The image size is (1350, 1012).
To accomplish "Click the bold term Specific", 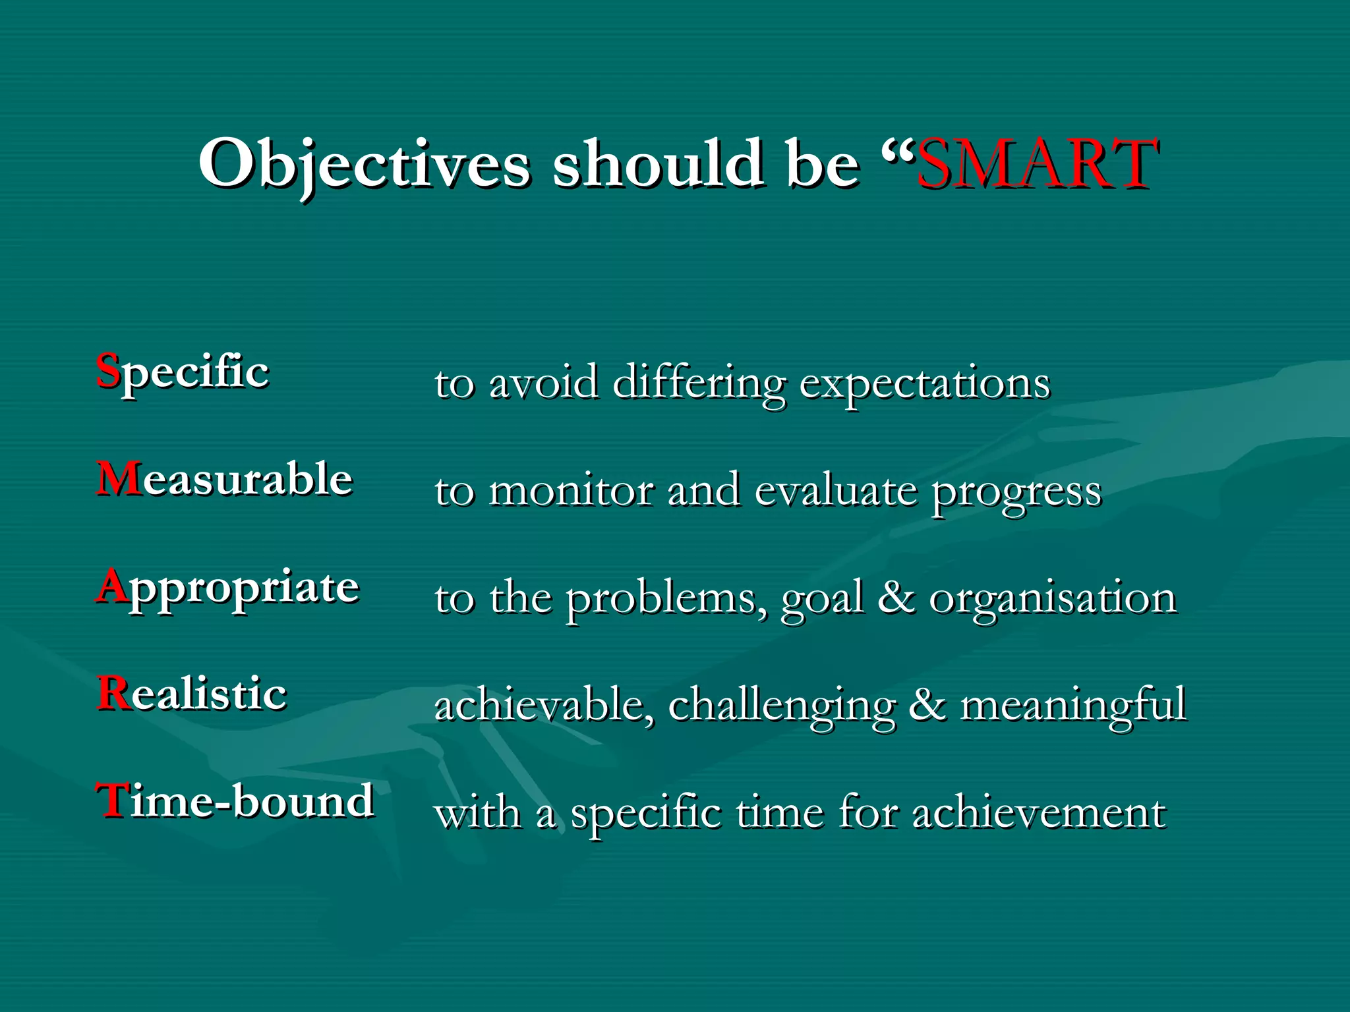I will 183,373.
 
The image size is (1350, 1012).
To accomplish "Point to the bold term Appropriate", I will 228,588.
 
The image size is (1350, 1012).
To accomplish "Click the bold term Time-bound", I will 235,801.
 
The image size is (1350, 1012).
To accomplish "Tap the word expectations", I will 924,383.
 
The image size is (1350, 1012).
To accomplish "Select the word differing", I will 699,383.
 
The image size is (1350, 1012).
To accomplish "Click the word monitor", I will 571,491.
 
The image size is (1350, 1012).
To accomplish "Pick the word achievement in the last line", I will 1039,813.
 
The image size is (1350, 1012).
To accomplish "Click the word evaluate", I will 835,491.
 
